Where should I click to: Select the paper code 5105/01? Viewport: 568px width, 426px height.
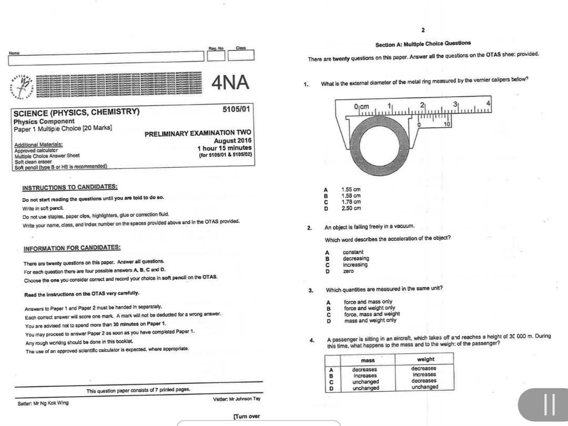[237, 109]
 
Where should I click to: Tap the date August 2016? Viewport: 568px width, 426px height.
[232, 140]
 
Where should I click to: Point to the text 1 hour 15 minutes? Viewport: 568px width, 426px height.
[225, 148]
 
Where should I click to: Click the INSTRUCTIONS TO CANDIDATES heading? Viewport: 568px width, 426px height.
[70, 187]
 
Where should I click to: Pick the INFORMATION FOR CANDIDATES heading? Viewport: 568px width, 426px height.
[72, 247]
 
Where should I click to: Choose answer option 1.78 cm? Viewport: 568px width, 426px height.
[351, 202]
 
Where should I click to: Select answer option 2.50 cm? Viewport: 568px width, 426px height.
[351, 208]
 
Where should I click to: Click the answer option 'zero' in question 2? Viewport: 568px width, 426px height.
[349, 271]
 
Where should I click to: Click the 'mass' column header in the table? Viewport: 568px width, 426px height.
[367, 360]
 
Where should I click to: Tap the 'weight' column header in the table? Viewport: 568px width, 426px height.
[424, 360]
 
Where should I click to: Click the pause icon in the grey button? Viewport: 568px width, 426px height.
[550, 405]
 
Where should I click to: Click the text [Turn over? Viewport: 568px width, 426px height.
[246, 417]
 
